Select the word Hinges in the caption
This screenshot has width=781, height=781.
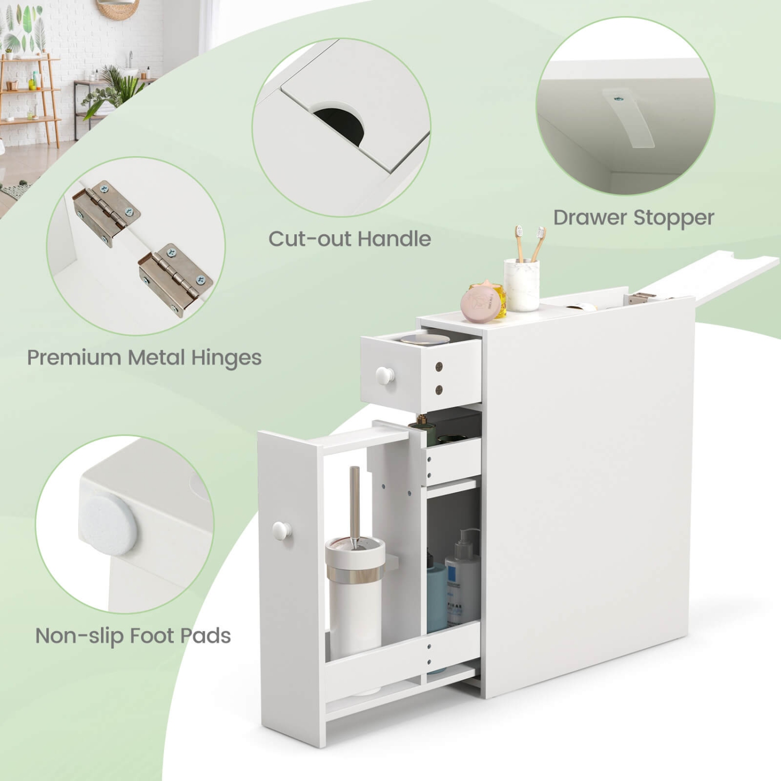(226, 358)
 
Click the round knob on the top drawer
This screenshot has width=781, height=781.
(385, 375)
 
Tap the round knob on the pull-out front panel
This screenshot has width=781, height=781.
(282, 531)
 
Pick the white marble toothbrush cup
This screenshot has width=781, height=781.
(521, 285)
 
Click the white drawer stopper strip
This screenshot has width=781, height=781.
(629, 117)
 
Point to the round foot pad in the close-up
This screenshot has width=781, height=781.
(108, 524)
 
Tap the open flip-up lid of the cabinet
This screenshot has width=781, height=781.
(708, 276)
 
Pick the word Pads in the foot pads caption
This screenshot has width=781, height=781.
(205, 636)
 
